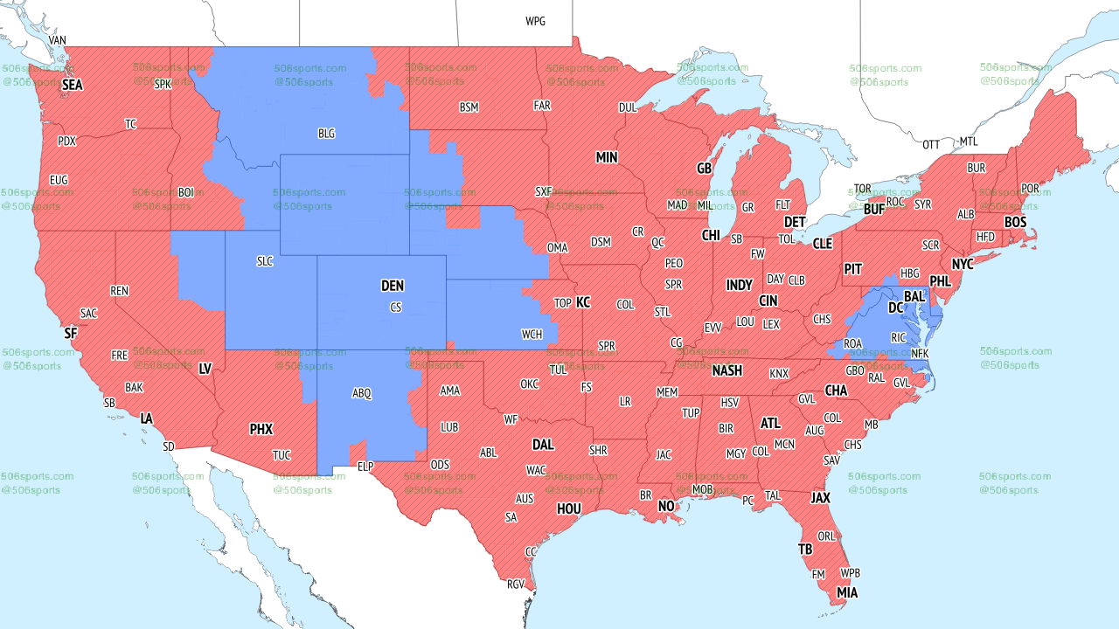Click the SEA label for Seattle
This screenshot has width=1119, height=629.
[x=72, y=85]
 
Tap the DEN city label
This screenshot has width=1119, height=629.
[x=393, y=286]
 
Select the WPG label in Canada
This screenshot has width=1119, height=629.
[x=535, y=21]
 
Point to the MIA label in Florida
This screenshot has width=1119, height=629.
[x=846, y=592]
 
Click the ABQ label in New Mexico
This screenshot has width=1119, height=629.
[x=362, y=393]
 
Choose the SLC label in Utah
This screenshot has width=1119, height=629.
[x=265, y=261]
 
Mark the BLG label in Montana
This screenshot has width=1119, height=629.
[x=326, y=134]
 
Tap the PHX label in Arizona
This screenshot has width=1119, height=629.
[x=261, y=429]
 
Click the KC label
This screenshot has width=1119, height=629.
[x=583, y=302]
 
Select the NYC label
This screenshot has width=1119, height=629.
[x=963, y=264]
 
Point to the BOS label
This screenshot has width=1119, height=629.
[x=1015, y=222]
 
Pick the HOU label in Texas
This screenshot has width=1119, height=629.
[x=569, y=508]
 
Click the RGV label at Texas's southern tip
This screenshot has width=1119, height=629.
[x=516, y=584]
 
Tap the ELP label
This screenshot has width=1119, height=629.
[x=365, y=467]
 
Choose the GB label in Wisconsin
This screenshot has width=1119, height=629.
[x=704, y=168]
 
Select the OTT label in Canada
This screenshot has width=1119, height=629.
[x=931, y=144]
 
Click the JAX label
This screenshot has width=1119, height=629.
[x=820, y=497]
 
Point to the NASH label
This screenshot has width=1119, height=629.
[x=726, y=370]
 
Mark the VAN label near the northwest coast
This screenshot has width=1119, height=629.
[x=57, y=40]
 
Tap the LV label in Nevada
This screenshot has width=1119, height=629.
[x=205, y=369]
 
